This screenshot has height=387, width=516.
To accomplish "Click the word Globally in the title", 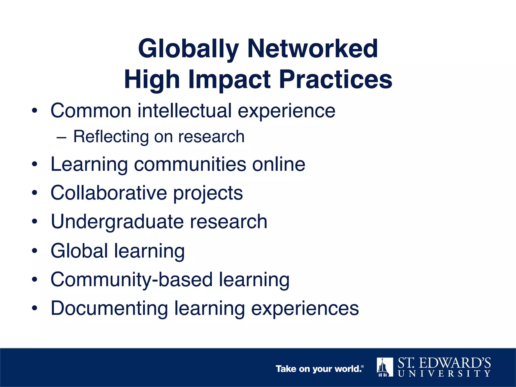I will point(188,49).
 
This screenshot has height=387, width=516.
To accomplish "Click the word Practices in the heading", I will point(336,79).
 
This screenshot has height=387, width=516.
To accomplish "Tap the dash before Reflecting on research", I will point(62,138).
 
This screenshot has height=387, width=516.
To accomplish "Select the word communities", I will point(190,165).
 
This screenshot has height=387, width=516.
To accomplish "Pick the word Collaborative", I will point(109,193).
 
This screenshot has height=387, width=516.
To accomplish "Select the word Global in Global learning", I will point(79,251).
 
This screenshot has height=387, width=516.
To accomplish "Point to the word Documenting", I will point(109,308).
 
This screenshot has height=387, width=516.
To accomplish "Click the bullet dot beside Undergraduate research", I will point(35,222).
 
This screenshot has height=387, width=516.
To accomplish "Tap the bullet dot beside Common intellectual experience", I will point(35,111).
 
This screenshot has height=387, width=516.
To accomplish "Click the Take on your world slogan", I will point(319,369).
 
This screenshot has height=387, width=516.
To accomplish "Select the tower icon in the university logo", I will point(384,367).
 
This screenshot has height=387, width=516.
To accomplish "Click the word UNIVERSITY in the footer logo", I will point(444,374).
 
